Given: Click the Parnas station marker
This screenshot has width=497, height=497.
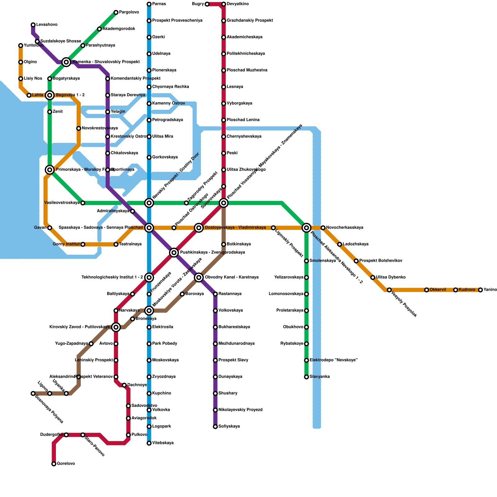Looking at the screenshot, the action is (149, 4).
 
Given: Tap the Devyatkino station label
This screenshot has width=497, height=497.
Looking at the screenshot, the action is (238, 4).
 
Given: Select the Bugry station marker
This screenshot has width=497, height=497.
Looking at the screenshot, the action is (207, 4).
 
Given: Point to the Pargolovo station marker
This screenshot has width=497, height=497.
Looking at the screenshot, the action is (116, 12).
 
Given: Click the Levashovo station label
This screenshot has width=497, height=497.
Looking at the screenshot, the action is (47, 25).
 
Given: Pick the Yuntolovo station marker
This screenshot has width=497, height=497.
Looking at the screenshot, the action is (21, 46).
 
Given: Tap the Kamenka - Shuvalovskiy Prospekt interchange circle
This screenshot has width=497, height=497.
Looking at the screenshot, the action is (66, 62).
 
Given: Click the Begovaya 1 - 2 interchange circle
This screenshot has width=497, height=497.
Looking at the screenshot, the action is (50, 95).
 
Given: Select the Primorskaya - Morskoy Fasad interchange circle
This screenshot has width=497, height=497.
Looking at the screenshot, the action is (50, 170).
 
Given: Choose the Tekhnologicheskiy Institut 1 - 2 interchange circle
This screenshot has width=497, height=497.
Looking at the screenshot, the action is (149, 277).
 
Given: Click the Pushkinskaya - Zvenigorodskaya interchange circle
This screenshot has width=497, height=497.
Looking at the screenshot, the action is (174, 253).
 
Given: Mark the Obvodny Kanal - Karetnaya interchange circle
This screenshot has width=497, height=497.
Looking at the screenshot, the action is (199, 277).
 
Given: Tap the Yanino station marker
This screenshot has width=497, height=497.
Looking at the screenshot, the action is (481, 290).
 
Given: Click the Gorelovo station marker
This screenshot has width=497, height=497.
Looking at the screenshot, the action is (54, 464).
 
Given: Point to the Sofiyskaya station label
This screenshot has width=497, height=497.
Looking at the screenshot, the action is (229, 426).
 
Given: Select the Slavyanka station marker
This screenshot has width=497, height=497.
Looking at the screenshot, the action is (307, 377).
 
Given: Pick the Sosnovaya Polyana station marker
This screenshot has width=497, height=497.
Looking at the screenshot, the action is (33, 394).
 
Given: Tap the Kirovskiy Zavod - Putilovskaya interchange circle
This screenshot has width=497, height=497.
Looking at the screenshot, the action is (116, 327).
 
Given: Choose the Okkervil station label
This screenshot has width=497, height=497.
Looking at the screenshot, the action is (438, 290).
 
